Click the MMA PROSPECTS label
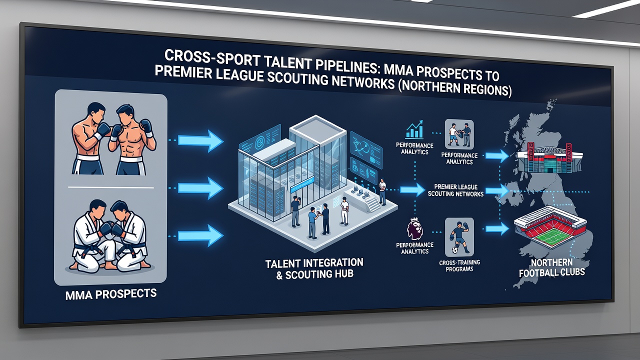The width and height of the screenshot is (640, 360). click(x=111, y=294)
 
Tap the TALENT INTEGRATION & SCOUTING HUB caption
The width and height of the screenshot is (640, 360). click(x=314, y=269)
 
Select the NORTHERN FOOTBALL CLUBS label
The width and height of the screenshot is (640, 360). click(x=551, y=267)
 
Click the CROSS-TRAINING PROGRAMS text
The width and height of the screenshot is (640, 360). click(x=459, y=265)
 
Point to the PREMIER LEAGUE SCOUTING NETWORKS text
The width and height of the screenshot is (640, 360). click(x=455, y=190)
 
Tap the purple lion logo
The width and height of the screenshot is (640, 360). click(x=415, y=229)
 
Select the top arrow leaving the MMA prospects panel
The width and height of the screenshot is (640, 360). click(x=200, y=140)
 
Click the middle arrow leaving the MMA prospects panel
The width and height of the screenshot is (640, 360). click(x=200, y=188)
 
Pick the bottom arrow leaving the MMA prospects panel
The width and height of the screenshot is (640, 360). click(x=200, y=235)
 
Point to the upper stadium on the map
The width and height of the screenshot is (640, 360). click(x=549, y=158)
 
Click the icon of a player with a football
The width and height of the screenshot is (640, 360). click(x=459, y=237)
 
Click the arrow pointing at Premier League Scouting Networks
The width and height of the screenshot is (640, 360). click(x=412, y=189)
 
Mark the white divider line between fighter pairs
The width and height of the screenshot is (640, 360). click(x=111, y=187)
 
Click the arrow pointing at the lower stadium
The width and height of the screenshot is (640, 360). click(x=497, y=228)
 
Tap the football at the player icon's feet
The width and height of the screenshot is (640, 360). click(x=454, y=250)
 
